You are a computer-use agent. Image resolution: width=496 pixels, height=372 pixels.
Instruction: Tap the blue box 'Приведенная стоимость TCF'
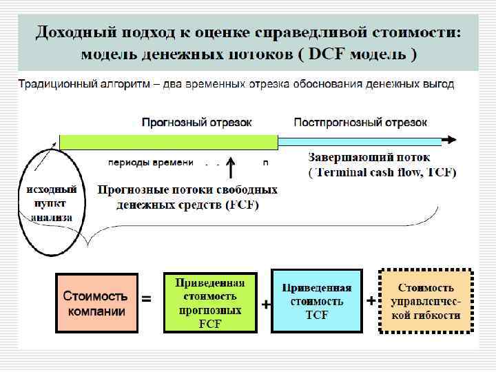[317, 302]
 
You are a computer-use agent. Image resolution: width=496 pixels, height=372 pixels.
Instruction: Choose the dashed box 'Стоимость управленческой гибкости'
[426, 301]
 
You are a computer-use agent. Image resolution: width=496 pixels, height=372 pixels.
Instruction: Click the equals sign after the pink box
[146, 300]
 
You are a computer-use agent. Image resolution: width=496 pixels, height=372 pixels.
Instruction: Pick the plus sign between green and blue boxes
[265, 304]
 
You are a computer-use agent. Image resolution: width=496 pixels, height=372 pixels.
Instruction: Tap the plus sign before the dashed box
[371, 301]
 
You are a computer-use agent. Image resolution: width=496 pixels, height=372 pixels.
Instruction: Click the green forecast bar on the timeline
[168, 142]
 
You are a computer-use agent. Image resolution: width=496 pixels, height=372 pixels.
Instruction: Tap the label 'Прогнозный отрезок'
[197, 123]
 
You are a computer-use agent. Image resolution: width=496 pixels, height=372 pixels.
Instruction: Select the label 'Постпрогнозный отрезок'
[360, 123]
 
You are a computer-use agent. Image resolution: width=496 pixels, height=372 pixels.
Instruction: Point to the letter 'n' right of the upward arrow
[266, 163]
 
